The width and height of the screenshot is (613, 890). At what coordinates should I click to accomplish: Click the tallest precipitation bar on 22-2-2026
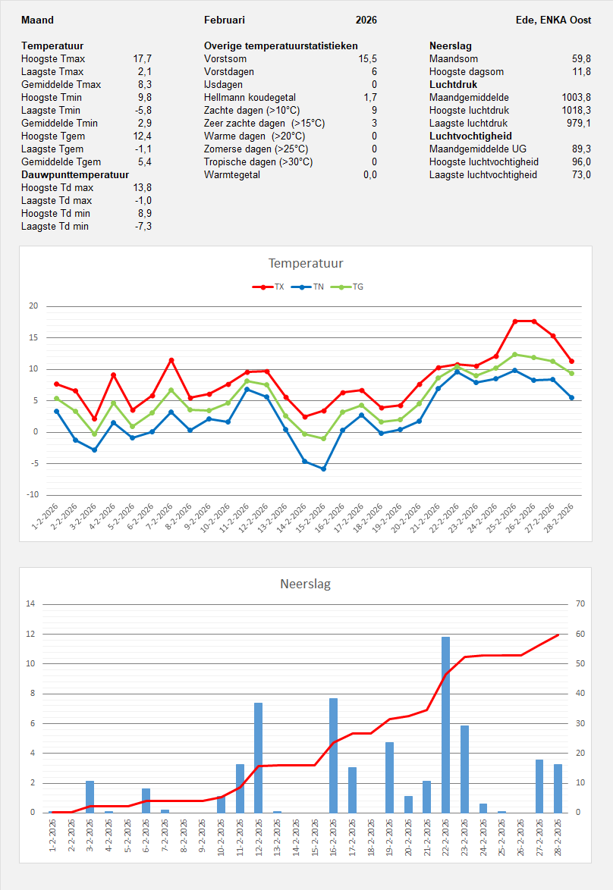pyautogui.click(x=446, y=724)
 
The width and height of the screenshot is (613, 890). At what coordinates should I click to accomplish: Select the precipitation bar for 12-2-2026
pyautogui.click(x=259, y=757)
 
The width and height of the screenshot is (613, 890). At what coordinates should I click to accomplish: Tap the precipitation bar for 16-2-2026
pyautogui.click(x=334, y=755)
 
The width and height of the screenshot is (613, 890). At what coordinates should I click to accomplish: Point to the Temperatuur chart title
pyautogui.click(x=306, y=264)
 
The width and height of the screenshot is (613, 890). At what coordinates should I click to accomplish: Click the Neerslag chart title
pyautogui.click(x=306, y=584)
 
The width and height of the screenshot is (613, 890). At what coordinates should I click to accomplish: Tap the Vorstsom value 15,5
pyautogui.click(x=368, y=58)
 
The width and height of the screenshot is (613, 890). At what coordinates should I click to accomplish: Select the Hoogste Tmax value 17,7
pyautogui.click(x=143, y=58)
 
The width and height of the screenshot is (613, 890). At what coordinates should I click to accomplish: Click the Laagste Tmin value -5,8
pyautogui.click(x=143, y=110)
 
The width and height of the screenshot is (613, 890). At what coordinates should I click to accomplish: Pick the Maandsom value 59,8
pyautogui.click(x=582, y=58)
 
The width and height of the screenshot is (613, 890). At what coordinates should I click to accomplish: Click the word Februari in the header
pyautogui.click(x=225, y=20)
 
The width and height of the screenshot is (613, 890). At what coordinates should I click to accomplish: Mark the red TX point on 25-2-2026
pyautogui.click(x=516, y=321)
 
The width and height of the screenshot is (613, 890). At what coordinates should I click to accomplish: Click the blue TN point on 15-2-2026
pyautogui.click(x=324, y=469)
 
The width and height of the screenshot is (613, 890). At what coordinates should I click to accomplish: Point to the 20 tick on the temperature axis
pyautogui.click(x=33, y=306)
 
